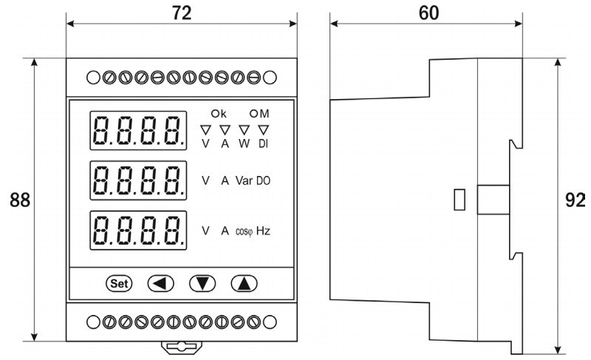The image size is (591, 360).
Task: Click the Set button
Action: [x=120, y=282]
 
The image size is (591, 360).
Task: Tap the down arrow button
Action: [x=201, y=282]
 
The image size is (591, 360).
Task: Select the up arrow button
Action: [x=242, y=282]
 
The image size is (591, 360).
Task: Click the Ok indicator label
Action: [x=220, y=114]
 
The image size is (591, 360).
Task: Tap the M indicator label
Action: [x=259, y=114]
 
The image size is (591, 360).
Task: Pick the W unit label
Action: [x=244, y=143]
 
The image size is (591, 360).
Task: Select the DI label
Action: [x=262, y=143]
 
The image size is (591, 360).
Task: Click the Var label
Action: [x=245, y=180]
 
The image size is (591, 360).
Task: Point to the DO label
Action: [x=264, y=180]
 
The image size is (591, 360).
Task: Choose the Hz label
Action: [x=263, y=231]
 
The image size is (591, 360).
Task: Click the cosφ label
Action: [x=244, y=231]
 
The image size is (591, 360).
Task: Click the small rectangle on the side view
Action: [x=459, y=200]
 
